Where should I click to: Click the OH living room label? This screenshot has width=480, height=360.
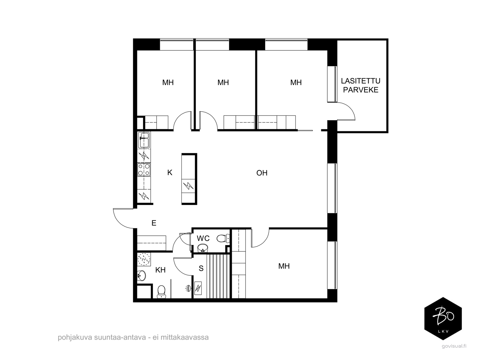click(262, 173)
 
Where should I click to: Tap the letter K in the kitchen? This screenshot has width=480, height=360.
click(170, 172)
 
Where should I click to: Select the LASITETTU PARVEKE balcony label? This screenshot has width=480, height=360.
click(361, 85)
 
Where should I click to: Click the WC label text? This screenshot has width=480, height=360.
click(203, 238)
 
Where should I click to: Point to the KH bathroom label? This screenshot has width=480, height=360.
click(160, 270)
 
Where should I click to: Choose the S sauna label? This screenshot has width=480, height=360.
click(201, 268)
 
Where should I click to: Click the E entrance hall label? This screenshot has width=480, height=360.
click(154, 223)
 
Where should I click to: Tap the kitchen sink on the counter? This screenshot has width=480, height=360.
click(144, 140)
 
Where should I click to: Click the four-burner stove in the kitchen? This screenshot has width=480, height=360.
click(144, 169)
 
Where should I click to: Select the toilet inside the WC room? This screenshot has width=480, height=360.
click(223, 238)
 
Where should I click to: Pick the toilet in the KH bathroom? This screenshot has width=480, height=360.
click(161, 292)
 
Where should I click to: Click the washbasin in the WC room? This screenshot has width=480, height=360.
click(203, 248)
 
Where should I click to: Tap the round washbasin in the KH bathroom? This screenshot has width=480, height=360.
click(142, 276)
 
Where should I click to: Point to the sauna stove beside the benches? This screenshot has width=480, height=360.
click(198, 288)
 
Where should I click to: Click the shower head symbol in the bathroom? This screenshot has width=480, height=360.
click(188, 288)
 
